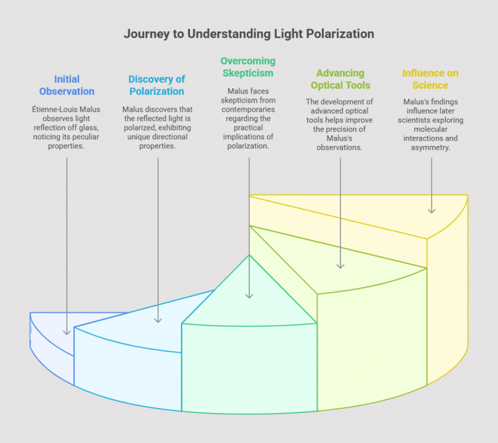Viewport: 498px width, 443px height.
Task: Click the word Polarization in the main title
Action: point(341,33)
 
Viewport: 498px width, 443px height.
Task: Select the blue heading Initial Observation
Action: point(67,86)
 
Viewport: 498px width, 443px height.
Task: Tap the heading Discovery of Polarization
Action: point(157,86)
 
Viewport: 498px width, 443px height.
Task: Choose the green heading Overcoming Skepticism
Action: point(248,67)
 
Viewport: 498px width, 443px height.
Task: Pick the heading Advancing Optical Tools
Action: point(340,79)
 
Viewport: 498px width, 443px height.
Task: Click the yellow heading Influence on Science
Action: point(430,79)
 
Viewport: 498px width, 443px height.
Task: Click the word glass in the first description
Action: point(86,119)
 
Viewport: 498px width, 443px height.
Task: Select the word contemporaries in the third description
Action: point(248,110)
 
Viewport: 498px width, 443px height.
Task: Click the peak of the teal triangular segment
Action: point(250,255)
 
